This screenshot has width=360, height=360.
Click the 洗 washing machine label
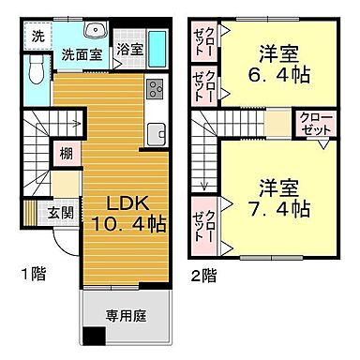36,36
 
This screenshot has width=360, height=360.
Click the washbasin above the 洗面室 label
91,31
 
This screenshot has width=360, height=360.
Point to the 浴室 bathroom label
130,51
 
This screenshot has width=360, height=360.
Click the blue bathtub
157,47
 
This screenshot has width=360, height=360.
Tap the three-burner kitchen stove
155,91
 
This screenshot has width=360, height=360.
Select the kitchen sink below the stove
155,132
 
